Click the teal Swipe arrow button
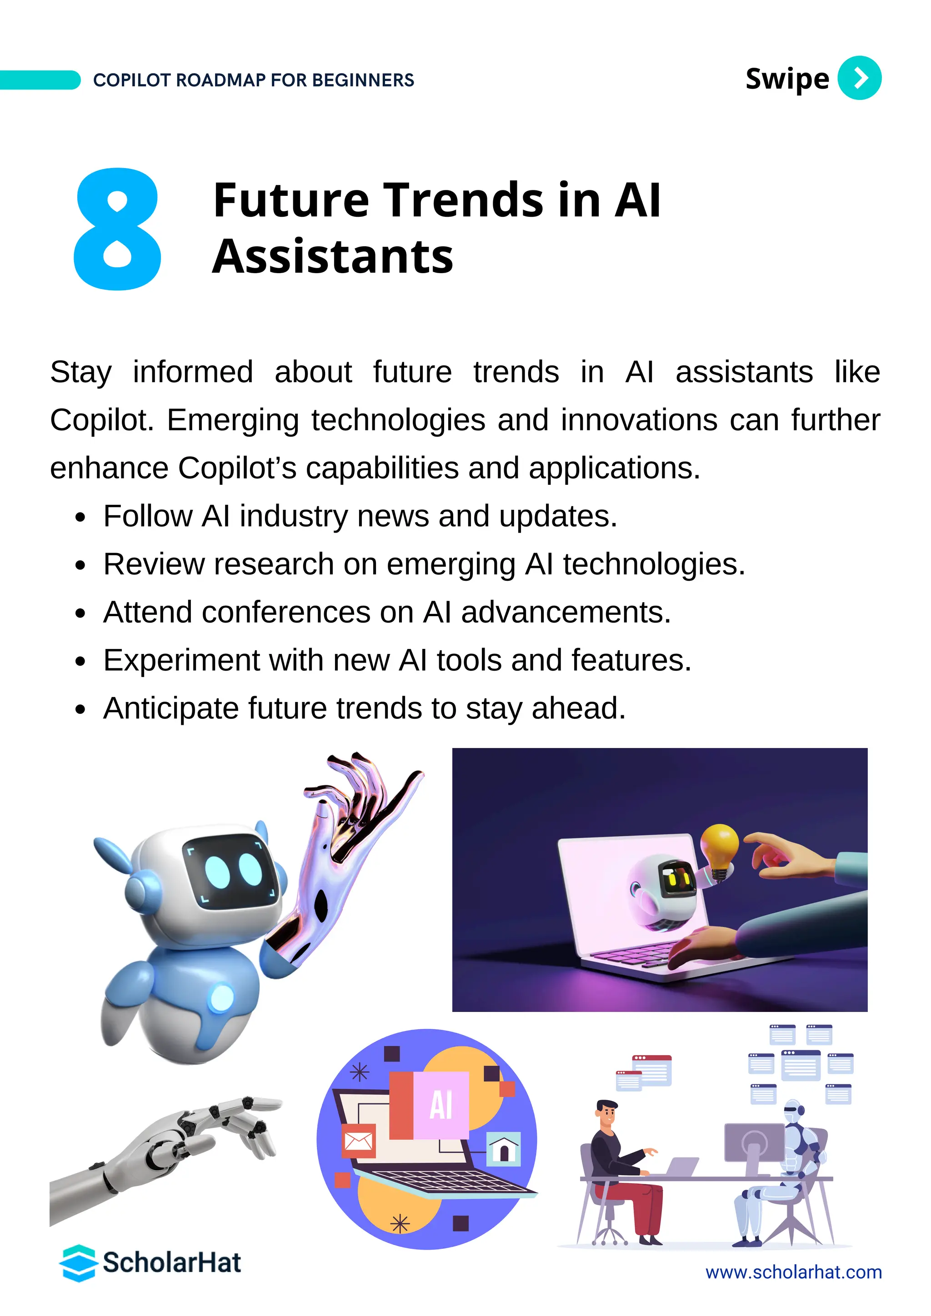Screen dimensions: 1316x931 pos(859,78)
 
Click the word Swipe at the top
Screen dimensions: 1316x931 pos(786,79)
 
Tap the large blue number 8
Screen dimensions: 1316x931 pos(118,229)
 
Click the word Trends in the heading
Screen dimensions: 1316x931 pos(463,200)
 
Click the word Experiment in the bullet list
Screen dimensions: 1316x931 pos(182,660)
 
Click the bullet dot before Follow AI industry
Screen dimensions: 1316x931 pos(80,517)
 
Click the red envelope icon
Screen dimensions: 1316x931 pos(358,1141)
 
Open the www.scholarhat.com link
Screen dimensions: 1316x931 pos(793,1272)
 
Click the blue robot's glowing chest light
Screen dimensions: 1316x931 pos(221,998)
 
